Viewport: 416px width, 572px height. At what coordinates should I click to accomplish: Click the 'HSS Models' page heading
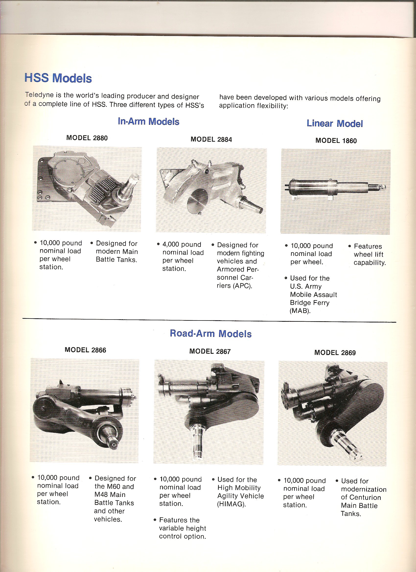(x=58, y=78)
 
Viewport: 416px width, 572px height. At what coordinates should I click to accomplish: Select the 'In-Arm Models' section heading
(x=148, y=122)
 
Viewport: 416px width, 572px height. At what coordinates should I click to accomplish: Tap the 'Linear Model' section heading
(x=335, y=124)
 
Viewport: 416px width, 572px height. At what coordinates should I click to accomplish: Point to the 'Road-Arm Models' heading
(x=211, y=333)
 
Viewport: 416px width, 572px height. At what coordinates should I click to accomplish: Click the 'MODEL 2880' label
(x=87, y=138)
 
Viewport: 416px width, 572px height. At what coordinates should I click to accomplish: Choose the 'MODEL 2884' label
(x=211, y=139)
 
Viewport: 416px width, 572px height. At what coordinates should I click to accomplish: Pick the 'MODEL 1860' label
(x=336, y=141)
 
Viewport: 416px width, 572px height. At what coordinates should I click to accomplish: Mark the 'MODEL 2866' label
(x=85, y=350)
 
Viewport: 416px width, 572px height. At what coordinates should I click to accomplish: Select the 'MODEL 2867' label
(x=210, y=351)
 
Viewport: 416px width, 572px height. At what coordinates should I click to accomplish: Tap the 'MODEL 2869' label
(x=335, y=353)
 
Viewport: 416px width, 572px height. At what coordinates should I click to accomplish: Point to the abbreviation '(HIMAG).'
(x=231, y=504)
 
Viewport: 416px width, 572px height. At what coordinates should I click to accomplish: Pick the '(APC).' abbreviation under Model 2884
(x=234, y=286)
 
